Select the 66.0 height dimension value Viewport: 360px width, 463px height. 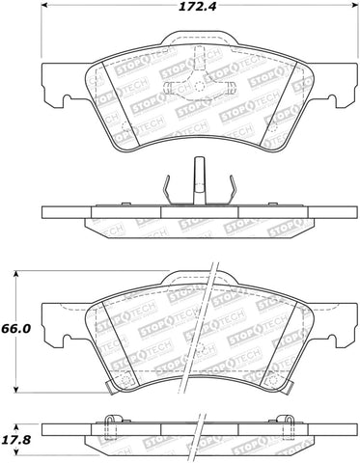(19, 329)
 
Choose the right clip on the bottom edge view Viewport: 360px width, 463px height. (289, 422)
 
